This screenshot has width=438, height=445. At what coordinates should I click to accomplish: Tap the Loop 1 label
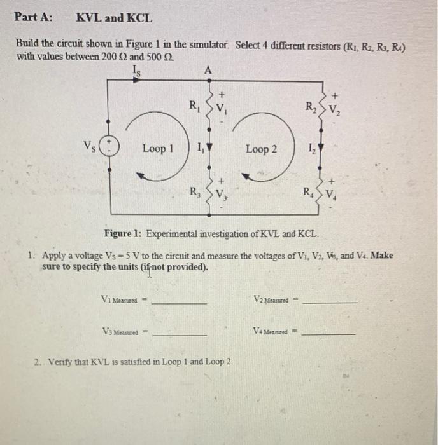(158, 149)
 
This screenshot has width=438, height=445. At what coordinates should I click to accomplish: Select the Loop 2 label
(262, 149)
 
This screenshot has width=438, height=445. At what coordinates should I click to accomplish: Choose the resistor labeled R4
(323, 189)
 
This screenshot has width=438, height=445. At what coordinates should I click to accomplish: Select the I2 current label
(311, 150)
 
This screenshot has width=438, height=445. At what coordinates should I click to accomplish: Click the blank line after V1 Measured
(179, 302)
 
